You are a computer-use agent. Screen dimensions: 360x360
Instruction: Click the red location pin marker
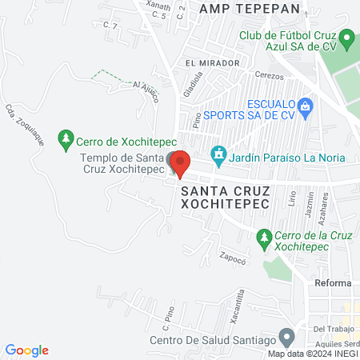(180, 163)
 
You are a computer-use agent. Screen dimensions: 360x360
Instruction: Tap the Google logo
(26, 350)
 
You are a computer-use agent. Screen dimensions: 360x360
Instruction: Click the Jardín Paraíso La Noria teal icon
(217, 153)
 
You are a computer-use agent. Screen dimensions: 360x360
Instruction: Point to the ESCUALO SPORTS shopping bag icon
(304, 106)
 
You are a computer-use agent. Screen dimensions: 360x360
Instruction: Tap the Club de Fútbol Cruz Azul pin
(346, 38)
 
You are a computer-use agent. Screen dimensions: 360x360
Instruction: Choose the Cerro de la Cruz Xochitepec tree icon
(264, 238)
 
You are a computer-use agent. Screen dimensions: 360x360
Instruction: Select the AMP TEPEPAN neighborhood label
(250, 8)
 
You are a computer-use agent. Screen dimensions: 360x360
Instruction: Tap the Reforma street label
(333, 284)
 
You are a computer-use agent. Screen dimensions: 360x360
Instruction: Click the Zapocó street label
(231, 258)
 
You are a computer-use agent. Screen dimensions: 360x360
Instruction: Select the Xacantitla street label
(239, 304)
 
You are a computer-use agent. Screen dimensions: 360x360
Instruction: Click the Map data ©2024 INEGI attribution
(313, 354)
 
